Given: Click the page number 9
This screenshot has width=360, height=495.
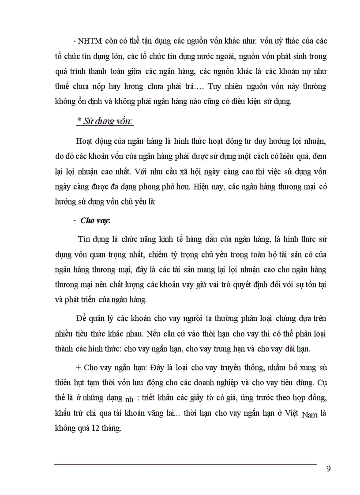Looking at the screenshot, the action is [x=328, y=468].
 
